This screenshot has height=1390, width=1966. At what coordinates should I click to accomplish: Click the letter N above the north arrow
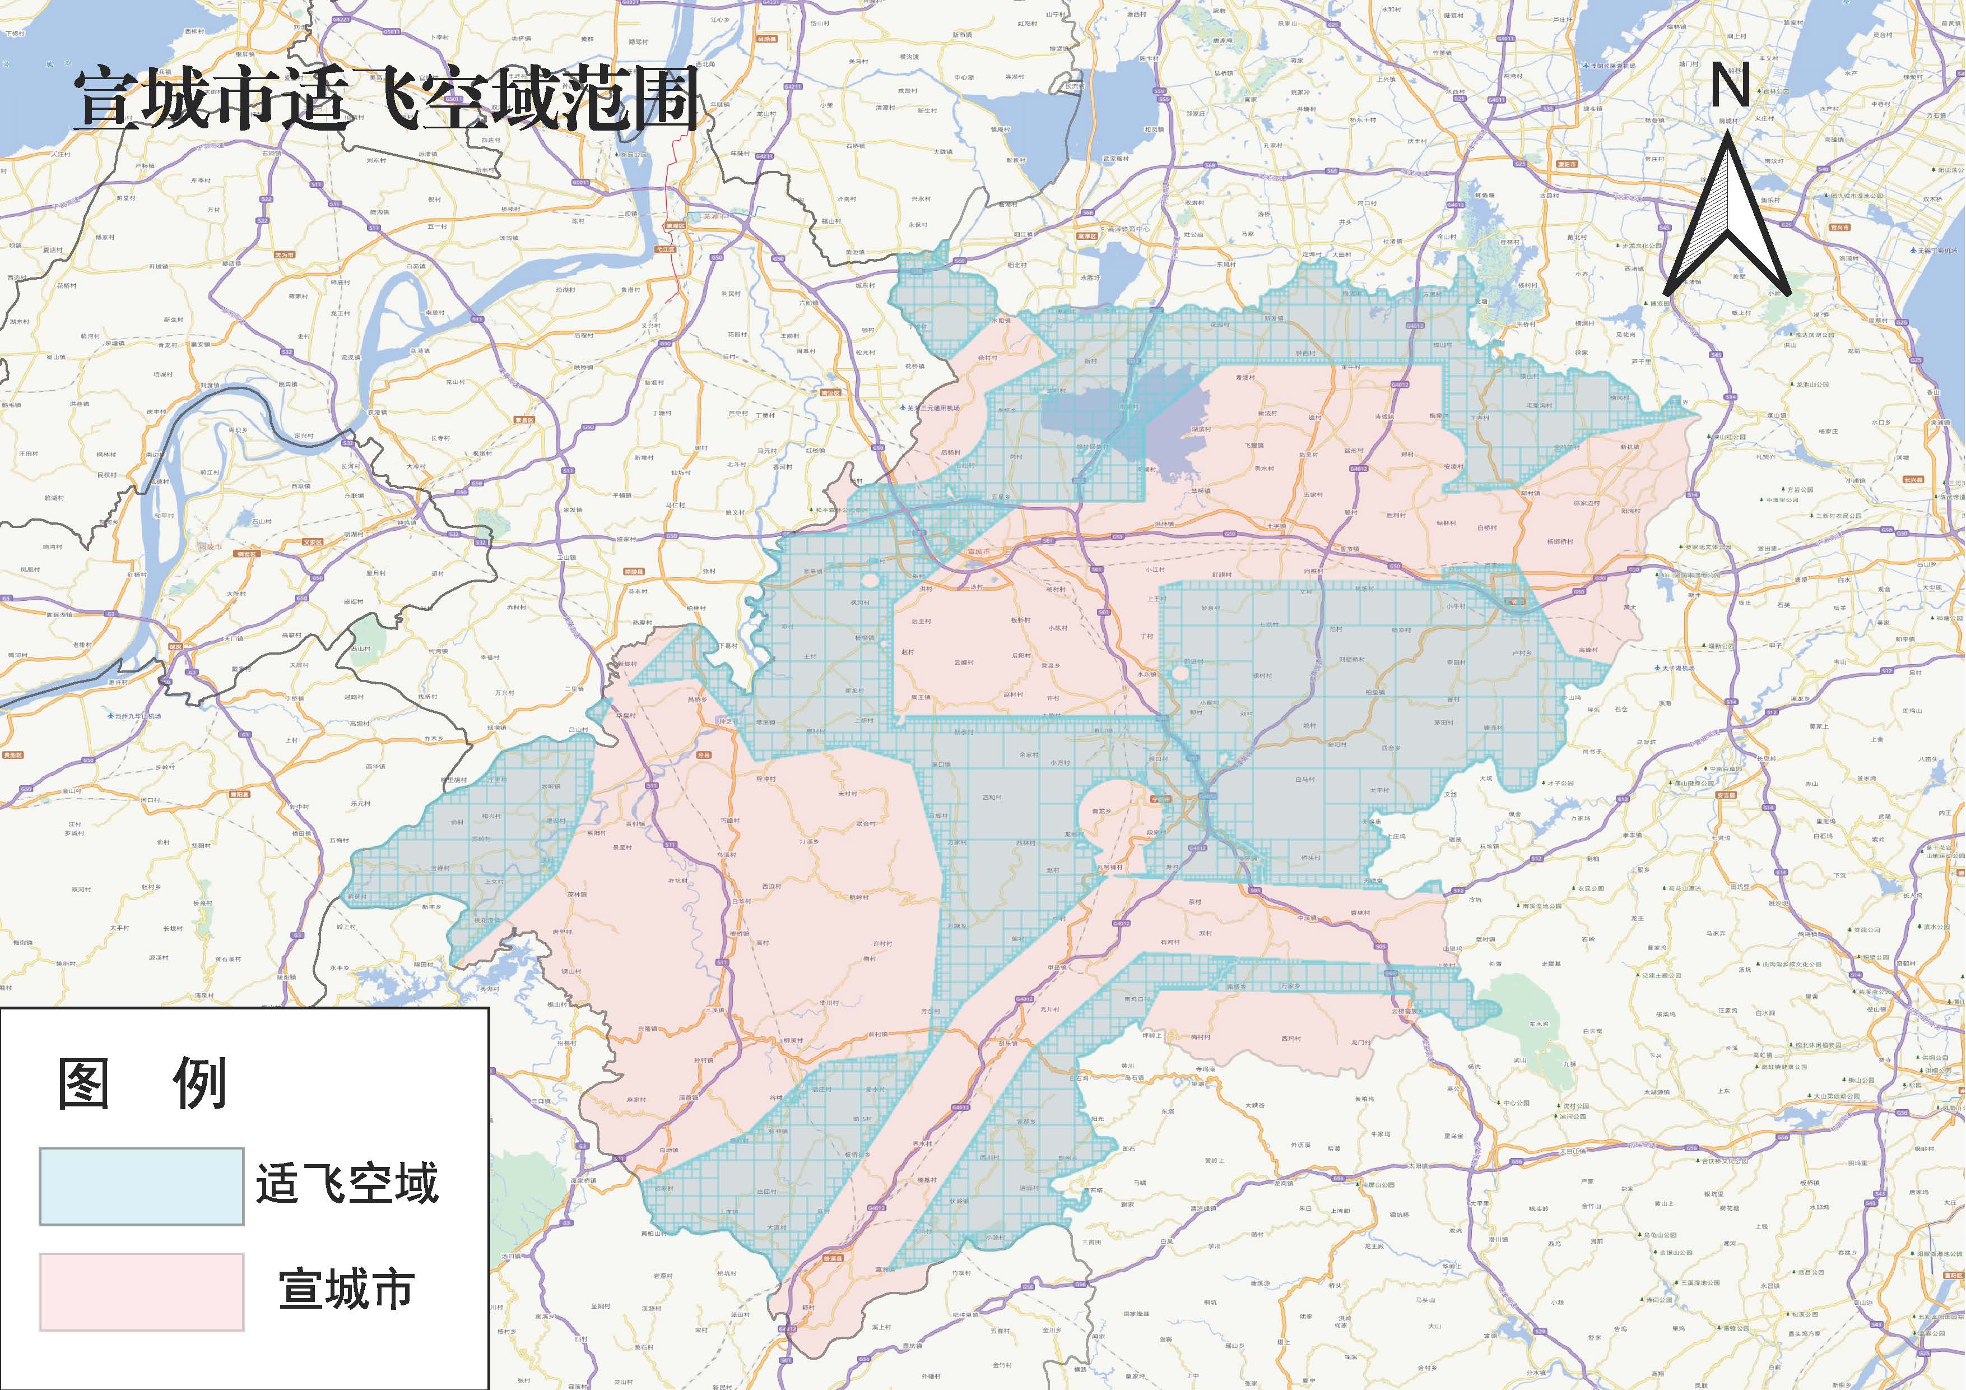coord(1728,86)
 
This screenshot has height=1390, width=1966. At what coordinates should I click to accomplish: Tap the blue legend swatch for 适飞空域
coord(141,1185)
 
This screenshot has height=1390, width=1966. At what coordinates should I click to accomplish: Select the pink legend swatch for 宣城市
coord(141,1291)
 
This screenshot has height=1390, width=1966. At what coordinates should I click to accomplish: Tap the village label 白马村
coord(1304,780)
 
